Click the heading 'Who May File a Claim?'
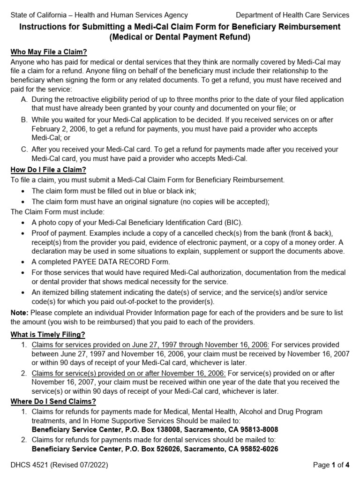[x=49, y=52]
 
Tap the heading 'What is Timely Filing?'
[x=49, y=334]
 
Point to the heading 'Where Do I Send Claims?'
[x=53, y=401]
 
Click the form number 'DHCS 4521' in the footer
[x=29, y=465]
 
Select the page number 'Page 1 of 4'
[x=331, y=465]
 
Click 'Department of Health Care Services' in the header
[x=292, y=15]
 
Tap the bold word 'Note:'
[x=20, y=312]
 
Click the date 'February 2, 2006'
[x=60, y=128]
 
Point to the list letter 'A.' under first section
[x=25, y=100]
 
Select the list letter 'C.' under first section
[x=25, y=150]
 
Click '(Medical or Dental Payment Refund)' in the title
[x=180, y=37]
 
